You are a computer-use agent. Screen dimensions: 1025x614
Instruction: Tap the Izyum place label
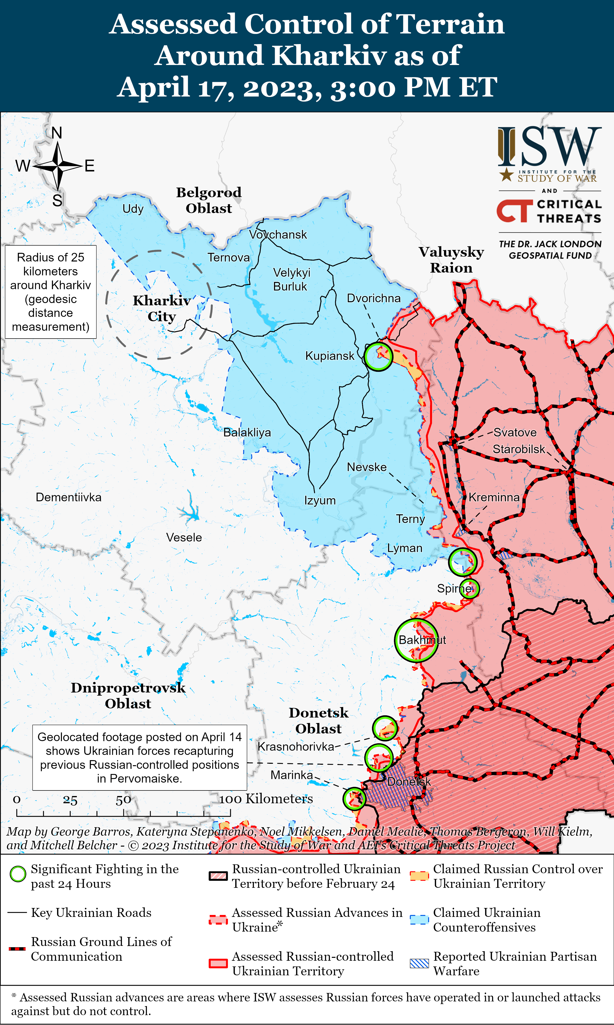320,501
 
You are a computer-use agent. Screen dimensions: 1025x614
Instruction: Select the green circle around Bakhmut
416,640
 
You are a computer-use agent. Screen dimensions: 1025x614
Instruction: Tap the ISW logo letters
549,147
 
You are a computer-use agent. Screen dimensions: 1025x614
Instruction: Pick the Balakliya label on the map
247,433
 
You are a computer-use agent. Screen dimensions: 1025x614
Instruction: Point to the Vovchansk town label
278,235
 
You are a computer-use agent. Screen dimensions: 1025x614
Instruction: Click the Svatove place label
515,433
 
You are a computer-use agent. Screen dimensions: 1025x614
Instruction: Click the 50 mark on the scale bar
123,800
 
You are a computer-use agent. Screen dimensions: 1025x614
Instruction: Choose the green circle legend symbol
18,874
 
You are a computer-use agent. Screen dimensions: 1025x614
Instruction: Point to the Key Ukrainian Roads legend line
17,913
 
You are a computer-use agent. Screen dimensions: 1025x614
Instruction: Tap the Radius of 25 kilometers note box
51,292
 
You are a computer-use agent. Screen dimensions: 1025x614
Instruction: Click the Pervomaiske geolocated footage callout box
139,757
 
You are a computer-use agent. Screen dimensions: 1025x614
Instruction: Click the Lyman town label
405,548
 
